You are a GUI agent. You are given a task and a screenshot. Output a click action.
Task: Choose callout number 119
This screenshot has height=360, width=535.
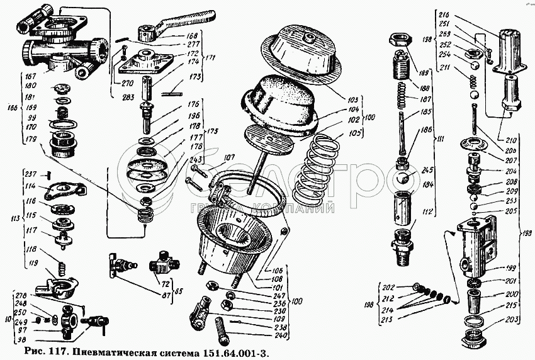click(29, 263)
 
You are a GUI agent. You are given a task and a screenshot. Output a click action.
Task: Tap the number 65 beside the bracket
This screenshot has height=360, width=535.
click(179, 291)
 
